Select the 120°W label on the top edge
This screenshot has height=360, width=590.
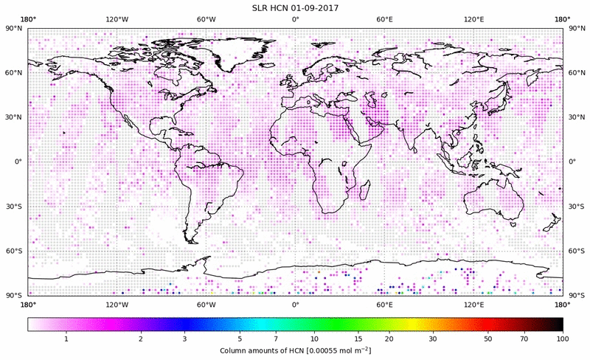[117, 20]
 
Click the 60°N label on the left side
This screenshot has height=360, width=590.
[14, 73]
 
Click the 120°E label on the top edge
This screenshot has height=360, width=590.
[473, 20]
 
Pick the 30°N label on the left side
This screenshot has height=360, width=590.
[14, 117]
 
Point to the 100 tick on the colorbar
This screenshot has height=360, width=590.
[563, 338]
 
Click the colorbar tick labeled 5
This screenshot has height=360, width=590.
[239, 338]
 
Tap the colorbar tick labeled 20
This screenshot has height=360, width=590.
[389, 338]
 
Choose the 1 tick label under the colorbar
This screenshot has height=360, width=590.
[66, 338]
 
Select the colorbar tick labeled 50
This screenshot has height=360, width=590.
[488, 338]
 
